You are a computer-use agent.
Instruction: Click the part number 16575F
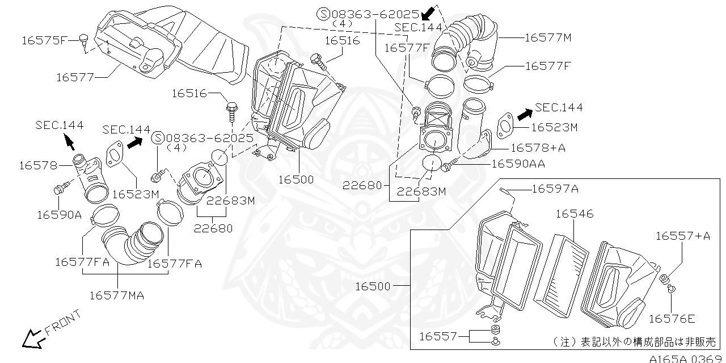(44, 40)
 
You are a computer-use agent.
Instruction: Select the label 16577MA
(117, 295)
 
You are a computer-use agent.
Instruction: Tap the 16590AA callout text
(518, 164)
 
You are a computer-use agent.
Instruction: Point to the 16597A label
(555, 189)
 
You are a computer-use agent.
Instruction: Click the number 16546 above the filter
(575, 214)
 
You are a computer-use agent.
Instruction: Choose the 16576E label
(672, 319)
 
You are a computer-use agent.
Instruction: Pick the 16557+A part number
(683, 236)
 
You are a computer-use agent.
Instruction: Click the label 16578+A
(538, 148)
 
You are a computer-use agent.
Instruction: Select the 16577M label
(548, 37)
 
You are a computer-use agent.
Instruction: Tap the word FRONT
(63, 323)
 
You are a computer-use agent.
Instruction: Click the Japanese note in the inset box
(634, 341)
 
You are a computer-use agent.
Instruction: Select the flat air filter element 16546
(561, 276)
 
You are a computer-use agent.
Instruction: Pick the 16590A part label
(60, 215)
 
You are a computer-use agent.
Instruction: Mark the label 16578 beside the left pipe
(38, 165)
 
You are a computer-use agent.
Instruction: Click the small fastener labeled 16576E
(671, 289)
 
